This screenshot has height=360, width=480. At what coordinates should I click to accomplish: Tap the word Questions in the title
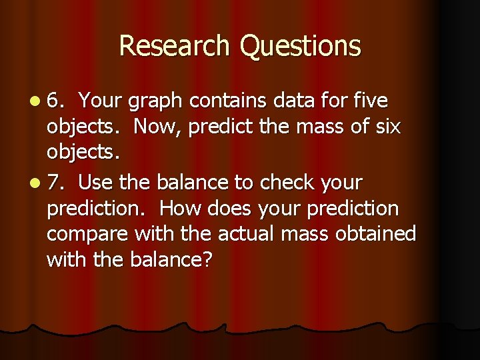click(x=301, y=47)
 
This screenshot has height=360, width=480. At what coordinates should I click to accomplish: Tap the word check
click(x=287, y=182)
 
